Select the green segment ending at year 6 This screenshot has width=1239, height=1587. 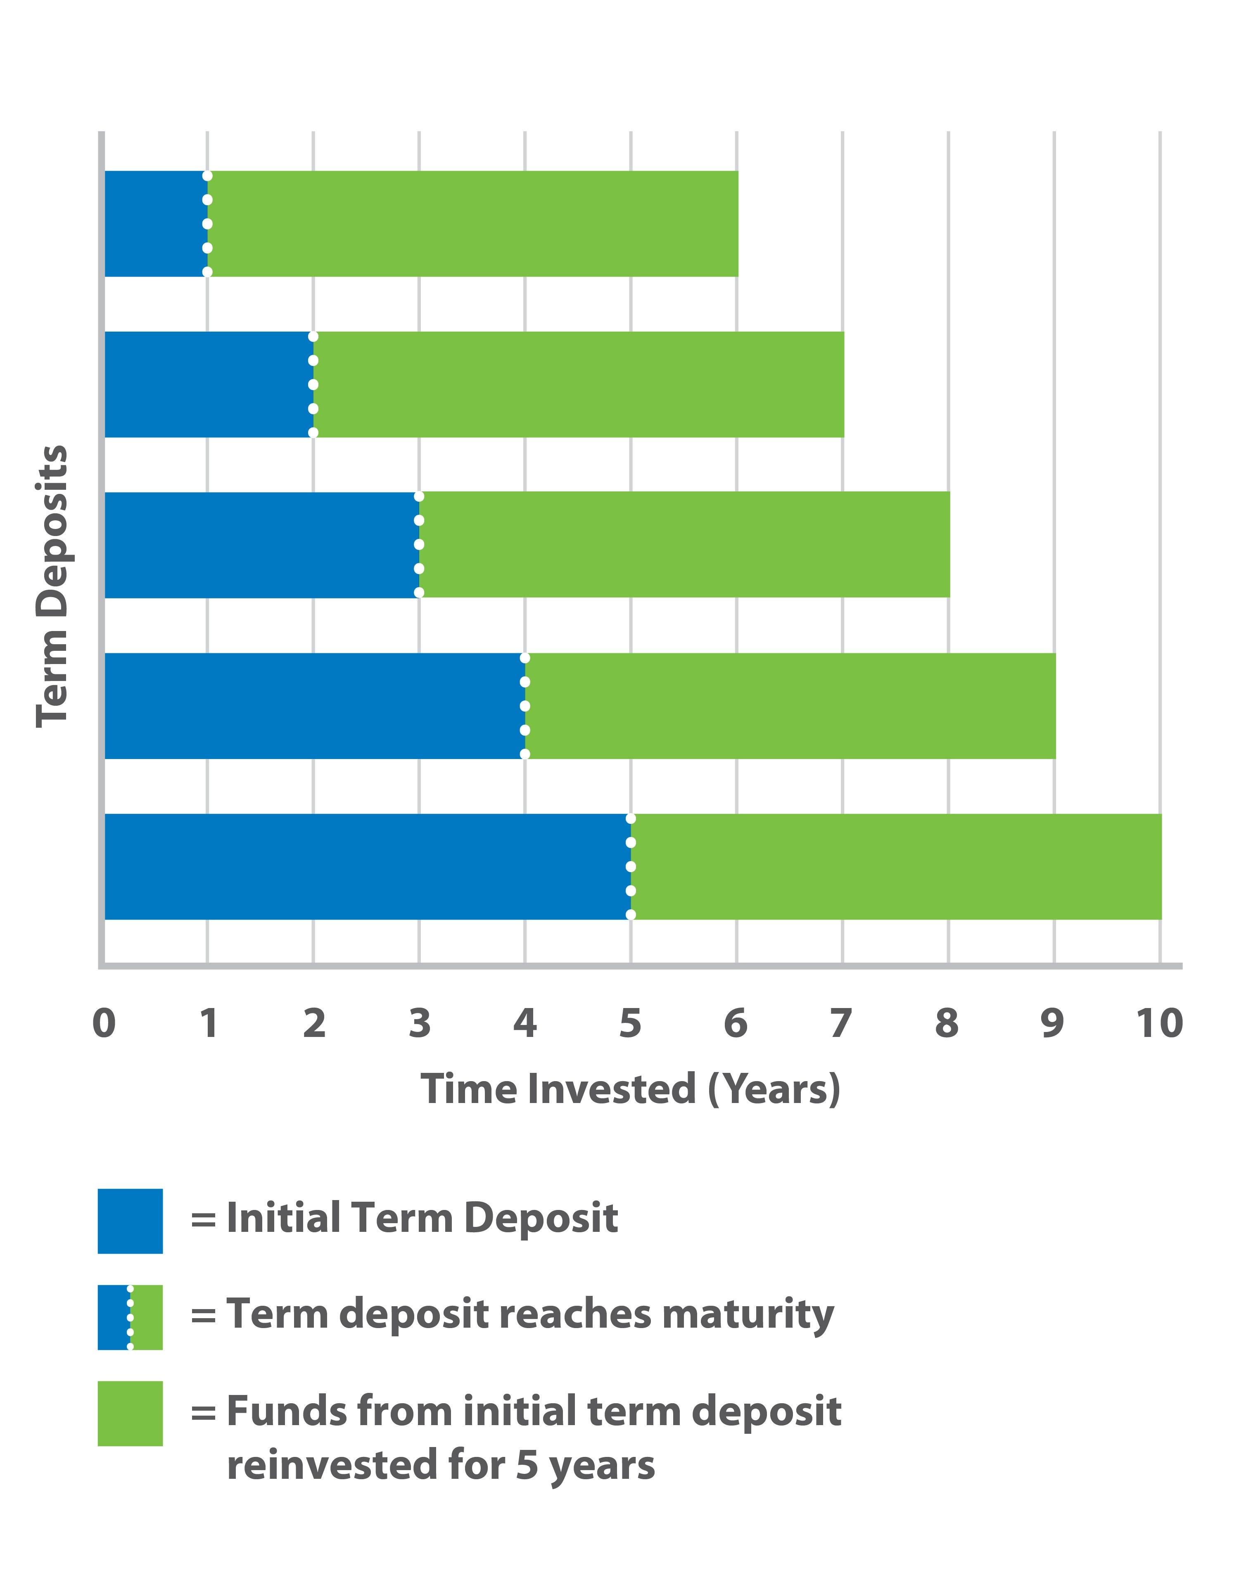coord(472,224)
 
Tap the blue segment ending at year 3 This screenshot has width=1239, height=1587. coord(261,545)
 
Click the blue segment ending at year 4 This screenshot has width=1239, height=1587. coord(314,706)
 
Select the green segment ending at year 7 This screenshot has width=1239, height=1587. coord(579,384)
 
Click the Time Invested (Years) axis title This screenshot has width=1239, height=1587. coord(630,1089)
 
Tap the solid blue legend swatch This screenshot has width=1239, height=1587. coord(130,1222)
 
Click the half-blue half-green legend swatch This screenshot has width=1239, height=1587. coord(130,1317)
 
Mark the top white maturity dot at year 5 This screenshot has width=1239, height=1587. coord(631,819)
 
